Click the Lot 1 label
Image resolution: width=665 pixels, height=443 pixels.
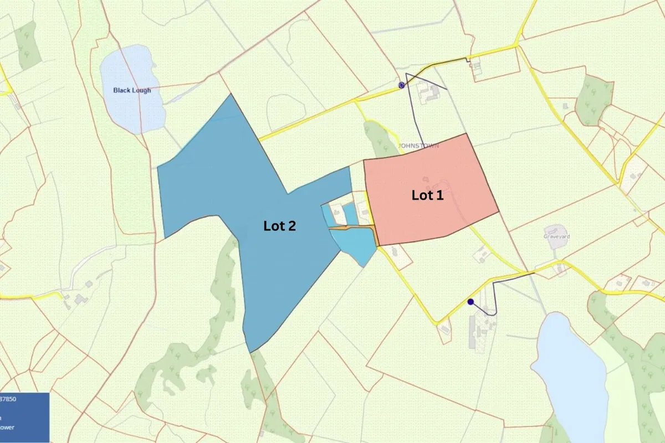(x=427, y=195)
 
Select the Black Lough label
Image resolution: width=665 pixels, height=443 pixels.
(x=132, y=90)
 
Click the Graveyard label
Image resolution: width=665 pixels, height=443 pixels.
(x=556, y=236)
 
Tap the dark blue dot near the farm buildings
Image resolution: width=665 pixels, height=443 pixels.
(x=470, y=302)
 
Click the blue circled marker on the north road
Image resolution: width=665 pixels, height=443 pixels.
(x=402, y=85)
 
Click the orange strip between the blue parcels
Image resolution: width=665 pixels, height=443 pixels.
(x=349, y=227)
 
